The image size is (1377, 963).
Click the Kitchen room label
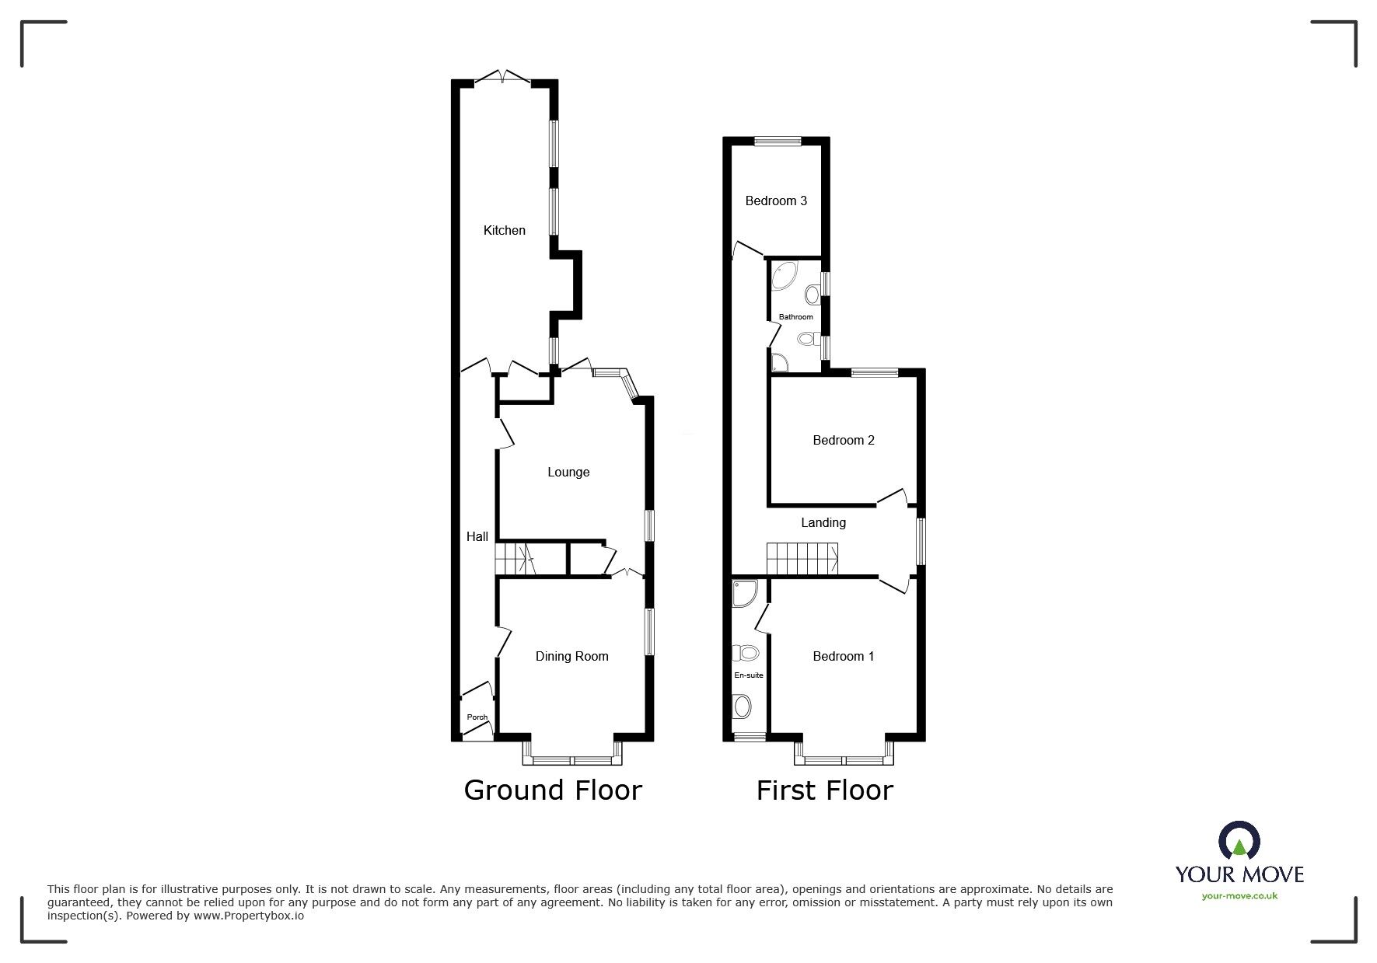(504, 230)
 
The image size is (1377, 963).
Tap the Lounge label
(568, 472)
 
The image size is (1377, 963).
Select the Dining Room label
(571, 656)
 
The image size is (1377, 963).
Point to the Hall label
(477, 536)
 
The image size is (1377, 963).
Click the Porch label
(477, 717)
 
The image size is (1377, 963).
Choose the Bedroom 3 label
(776, 201)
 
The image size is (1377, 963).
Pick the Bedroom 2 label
(844, 440)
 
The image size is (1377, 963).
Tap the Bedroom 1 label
(844, 656)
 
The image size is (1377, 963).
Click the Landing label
(823, 522)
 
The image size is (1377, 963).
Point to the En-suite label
(749, 675)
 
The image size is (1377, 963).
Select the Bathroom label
(796, 316)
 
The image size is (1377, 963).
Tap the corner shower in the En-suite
(743, 594)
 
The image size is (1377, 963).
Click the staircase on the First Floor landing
(802, 559)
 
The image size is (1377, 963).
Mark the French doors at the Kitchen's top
(503, 77)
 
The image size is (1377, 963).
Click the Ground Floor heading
(553, 790)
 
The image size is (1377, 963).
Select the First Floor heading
(824, 790)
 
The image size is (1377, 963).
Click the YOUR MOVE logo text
(1239, 874)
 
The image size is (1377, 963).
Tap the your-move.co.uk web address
(1239, 895)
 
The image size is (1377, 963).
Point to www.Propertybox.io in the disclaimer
(249, 916)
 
